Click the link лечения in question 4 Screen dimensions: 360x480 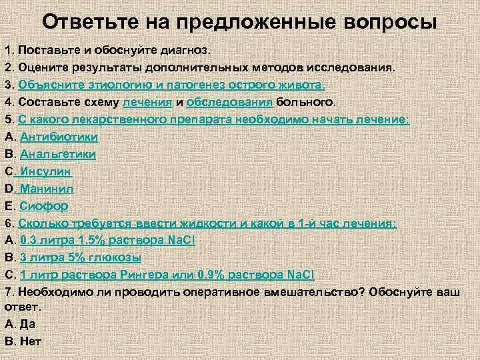(147, 102)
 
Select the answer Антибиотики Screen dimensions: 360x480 (59, 137)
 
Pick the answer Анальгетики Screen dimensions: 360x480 (58, 154)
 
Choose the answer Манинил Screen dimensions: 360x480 (48, 189)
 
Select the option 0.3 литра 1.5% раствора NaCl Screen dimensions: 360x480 (98, 240)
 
